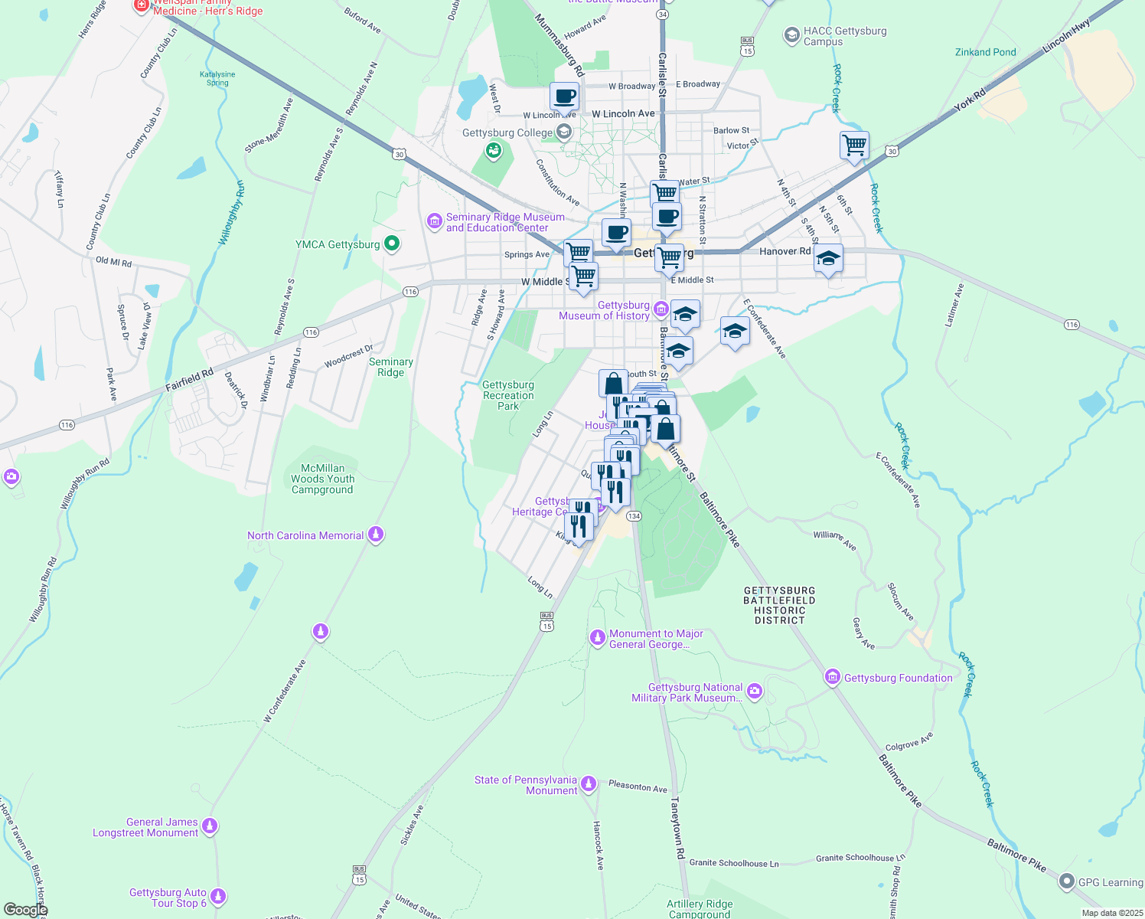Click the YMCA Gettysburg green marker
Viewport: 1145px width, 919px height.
click(x=392, y=244)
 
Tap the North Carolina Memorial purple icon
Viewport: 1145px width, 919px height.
click(x=375, y=535)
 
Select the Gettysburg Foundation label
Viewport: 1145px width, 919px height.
click(x=898, y=678)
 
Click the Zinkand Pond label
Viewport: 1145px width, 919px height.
click(x=985, y=52)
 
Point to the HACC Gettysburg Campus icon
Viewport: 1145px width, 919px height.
click(x=791, y=35)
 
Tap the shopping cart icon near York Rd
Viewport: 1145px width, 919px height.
click(x=853, y=144)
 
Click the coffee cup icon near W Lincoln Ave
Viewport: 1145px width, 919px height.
click(x=564, y=97)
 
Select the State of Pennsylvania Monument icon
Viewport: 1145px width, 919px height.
click(x=588, y=783)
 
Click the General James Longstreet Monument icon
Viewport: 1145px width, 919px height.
click(x=210, y=826)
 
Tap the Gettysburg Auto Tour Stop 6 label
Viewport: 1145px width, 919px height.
click(x=168, y=898)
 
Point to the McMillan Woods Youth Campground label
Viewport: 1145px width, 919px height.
click(x=322, y=479)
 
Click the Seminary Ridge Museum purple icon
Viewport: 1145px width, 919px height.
click(x=435, y=221)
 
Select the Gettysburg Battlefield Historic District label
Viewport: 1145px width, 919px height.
click(x=779, y=605)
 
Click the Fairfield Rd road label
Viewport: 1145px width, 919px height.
click(x=189, y=380)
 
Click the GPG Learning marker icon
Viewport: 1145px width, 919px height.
click(x=1066, y=881)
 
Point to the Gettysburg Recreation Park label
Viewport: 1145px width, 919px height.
click(x=508, y=395)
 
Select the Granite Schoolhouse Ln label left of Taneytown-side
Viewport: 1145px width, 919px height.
click(x=733, y=863)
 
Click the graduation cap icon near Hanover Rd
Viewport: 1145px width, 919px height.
click(x=828, y=259)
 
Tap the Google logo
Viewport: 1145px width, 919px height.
click(x=25, y=910)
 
